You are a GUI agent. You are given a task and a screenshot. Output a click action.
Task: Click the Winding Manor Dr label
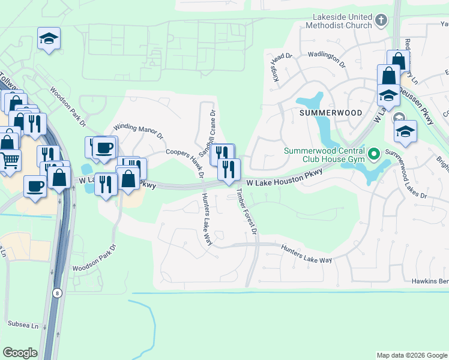pyautogui.click(x=138, y=131)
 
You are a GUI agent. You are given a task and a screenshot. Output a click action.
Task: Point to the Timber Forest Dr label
pyautogui.click(x=247, y=211)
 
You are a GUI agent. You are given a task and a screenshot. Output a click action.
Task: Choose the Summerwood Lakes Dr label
pyautogui.click(x=406, y=175)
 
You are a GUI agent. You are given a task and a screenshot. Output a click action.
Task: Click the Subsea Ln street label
pyautogui.click(x=23, y=325)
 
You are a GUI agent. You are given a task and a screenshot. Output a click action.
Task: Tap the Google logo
pyautogui.click(x=20, y=352)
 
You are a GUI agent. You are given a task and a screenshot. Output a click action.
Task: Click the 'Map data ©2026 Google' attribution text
pyautogui.click(x=412, y=355)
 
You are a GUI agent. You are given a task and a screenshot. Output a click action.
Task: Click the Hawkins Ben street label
pyautogui.click(x=430, y=281)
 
